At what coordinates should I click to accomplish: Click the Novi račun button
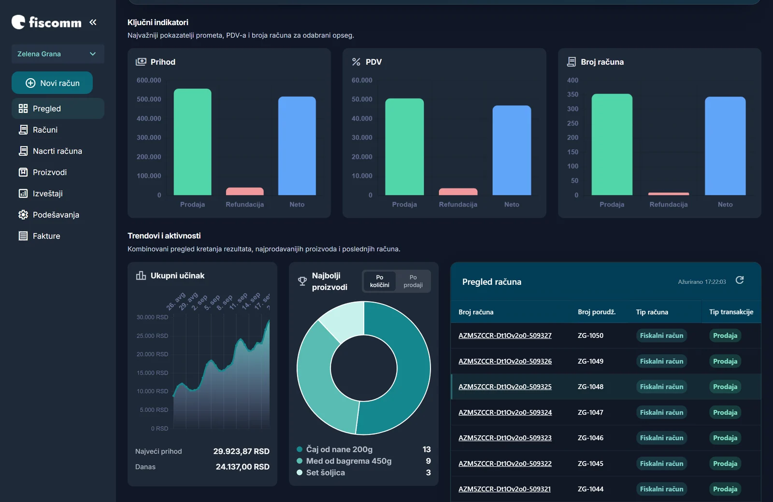coord(52,83)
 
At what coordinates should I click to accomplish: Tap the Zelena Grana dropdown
coord(57,54)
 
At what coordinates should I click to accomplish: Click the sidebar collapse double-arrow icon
coord(93,22)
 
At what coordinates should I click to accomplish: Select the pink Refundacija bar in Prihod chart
coord(244,191)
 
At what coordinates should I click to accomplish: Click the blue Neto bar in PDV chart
coord(512,150)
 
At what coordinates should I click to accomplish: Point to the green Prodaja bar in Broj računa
coord(612,144)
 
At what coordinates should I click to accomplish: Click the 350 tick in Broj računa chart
coord(573,95)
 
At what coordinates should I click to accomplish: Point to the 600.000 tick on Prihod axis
coord(149,80)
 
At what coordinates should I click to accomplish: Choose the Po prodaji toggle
coord(413,281)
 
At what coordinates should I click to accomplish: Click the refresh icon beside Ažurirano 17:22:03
coord(740,280)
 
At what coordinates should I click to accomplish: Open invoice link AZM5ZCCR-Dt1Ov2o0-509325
coord(505,387)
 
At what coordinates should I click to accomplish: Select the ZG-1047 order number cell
coord(590,412)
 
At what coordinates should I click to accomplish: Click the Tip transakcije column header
coord(731,312)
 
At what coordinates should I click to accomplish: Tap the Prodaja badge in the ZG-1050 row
coord(725,335)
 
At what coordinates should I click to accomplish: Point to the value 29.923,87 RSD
coord(241,451)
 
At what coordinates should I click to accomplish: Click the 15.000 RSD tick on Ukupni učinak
coord(152,373)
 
